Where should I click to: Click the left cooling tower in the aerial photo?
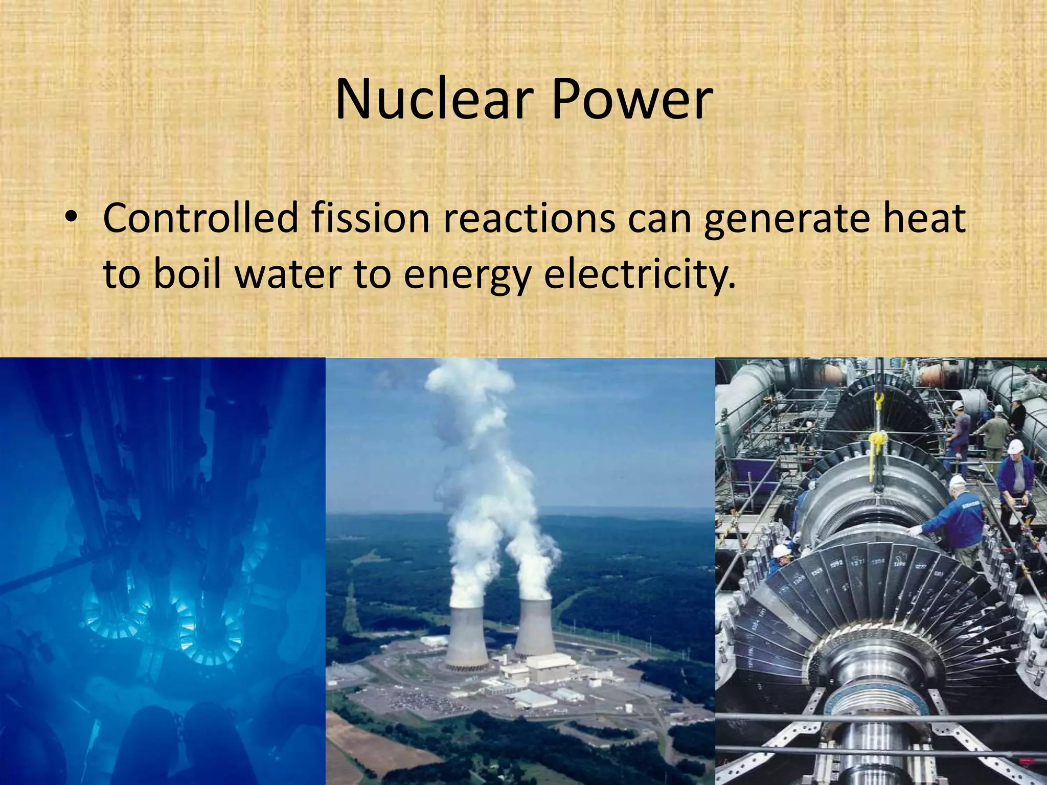pyautogui.click(x=466, y=636)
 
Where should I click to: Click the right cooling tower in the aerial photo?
pyautogui.click(x=535, y=629)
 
